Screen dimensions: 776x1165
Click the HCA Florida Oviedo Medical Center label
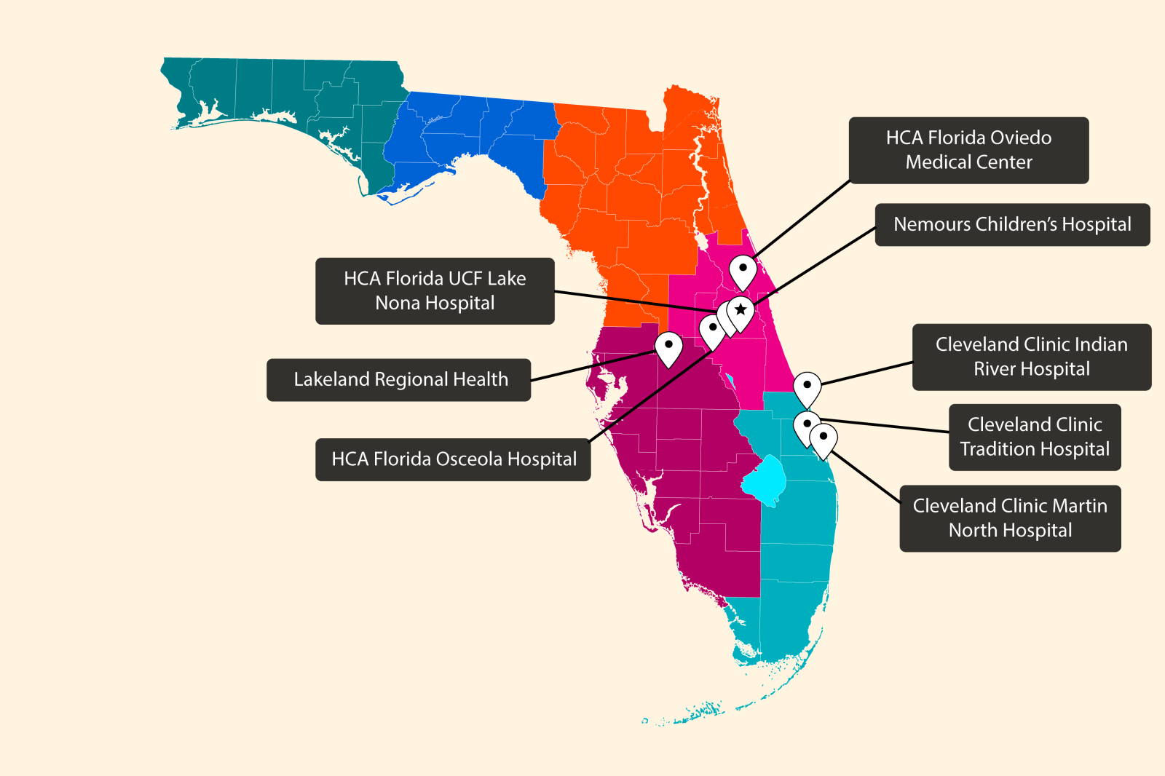pos(968,150)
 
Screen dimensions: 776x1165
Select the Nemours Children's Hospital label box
pos(1012,224)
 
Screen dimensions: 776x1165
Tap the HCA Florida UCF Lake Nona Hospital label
pos(435,290)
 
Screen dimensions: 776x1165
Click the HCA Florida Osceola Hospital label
pos(453,459)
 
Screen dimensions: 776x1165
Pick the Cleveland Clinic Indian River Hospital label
pos(1031,357)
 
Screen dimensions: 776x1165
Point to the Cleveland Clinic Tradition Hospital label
pos(1034,437)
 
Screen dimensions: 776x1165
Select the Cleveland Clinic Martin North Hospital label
pos(1010,518)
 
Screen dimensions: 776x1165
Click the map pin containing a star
pos(741,312)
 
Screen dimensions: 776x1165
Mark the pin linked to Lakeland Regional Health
pos(668,347)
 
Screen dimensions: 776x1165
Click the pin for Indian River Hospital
pos(807,387)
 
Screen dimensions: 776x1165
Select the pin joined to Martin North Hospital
pos(824,438)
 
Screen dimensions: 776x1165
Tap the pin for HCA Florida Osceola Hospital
pos(712,330)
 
